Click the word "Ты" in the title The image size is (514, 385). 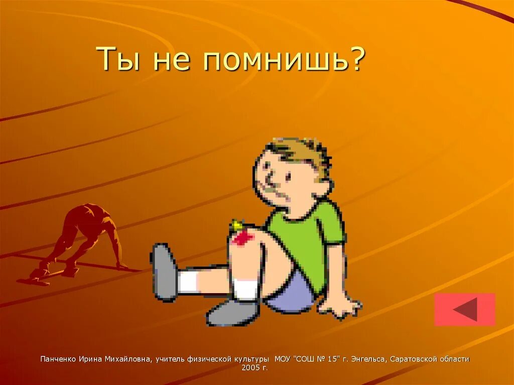tap(116, 59)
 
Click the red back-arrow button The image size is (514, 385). tap(464, 309)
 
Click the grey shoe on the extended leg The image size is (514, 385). tap(164, 271)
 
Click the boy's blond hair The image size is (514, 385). tap(301, 151)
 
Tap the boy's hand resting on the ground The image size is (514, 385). tap(343, 306)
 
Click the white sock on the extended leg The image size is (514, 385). tap(190, 282)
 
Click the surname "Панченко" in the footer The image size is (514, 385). tap(58, 359)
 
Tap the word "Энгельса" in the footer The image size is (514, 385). tap(368, 359)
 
